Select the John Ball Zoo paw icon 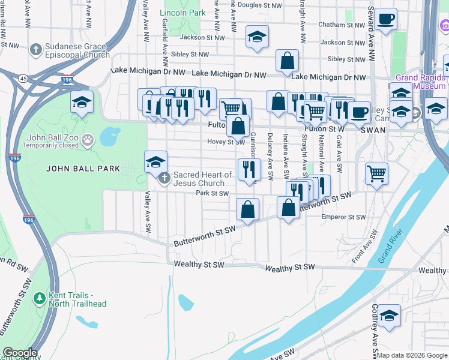(x=88, y=140)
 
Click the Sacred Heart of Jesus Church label (x=202, y=179)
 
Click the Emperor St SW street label (x=343, y=217)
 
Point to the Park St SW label (x=212, y=193)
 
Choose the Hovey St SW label (x=226, y=142)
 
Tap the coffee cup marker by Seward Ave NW (x=386, y=18)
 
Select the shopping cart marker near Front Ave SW (x=376, y=173)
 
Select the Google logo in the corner (x=19, y=353)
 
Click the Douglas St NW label (x=260, y=5)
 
